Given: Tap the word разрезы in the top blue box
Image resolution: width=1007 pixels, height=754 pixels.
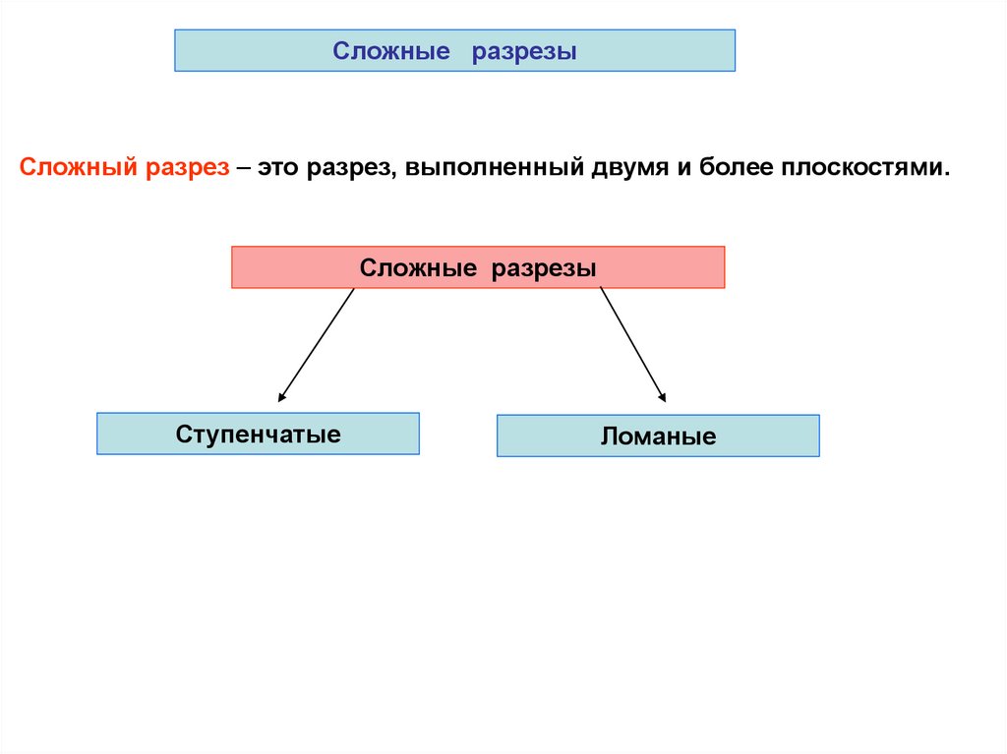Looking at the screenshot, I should pyautogui.click(x=523, y=51).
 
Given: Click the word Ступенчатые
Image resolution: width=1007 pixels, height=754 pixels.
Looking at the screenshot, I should pyautogui.click(x=259, y=434).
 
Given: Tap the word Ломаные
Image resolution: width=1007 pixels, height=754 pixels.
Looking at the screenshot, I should pyautogui.click(x=659, y=436).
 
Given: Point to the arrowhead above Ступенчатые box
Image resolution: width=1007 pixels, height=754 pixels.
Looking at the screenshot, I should pyautogui.click(x=281, y=398).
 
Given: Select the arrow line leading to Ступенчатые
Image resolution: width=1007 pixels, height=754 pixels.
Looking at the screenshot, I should pyautogui.click(x=317, y=345).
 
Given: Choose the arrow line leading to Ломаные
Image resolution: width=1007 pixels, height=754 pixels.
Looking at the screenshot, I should pyautogui.click(x=632, y=344).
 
